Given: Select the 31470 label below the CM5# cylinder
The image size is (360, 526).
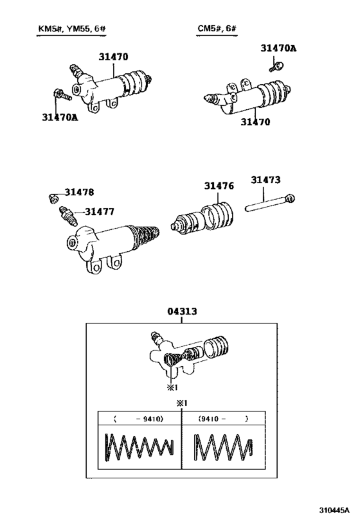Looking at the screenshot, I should pos(256,121).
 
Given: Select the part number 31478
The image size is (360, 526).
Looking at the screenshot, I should pos(78,192).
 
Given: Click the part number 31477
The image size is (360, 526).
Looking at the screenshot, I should pos(100,211).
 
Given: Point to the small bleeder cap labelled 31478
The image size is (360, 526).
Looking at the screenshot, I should pos(53,195).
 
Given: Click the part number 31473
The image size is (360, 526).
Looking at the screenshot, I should pos(266,180).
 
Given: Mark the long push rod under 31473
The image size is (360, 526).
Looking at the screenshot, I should pos(269,205).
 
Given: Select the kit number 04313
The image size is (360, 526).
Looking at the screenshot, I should pos(182,311).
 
